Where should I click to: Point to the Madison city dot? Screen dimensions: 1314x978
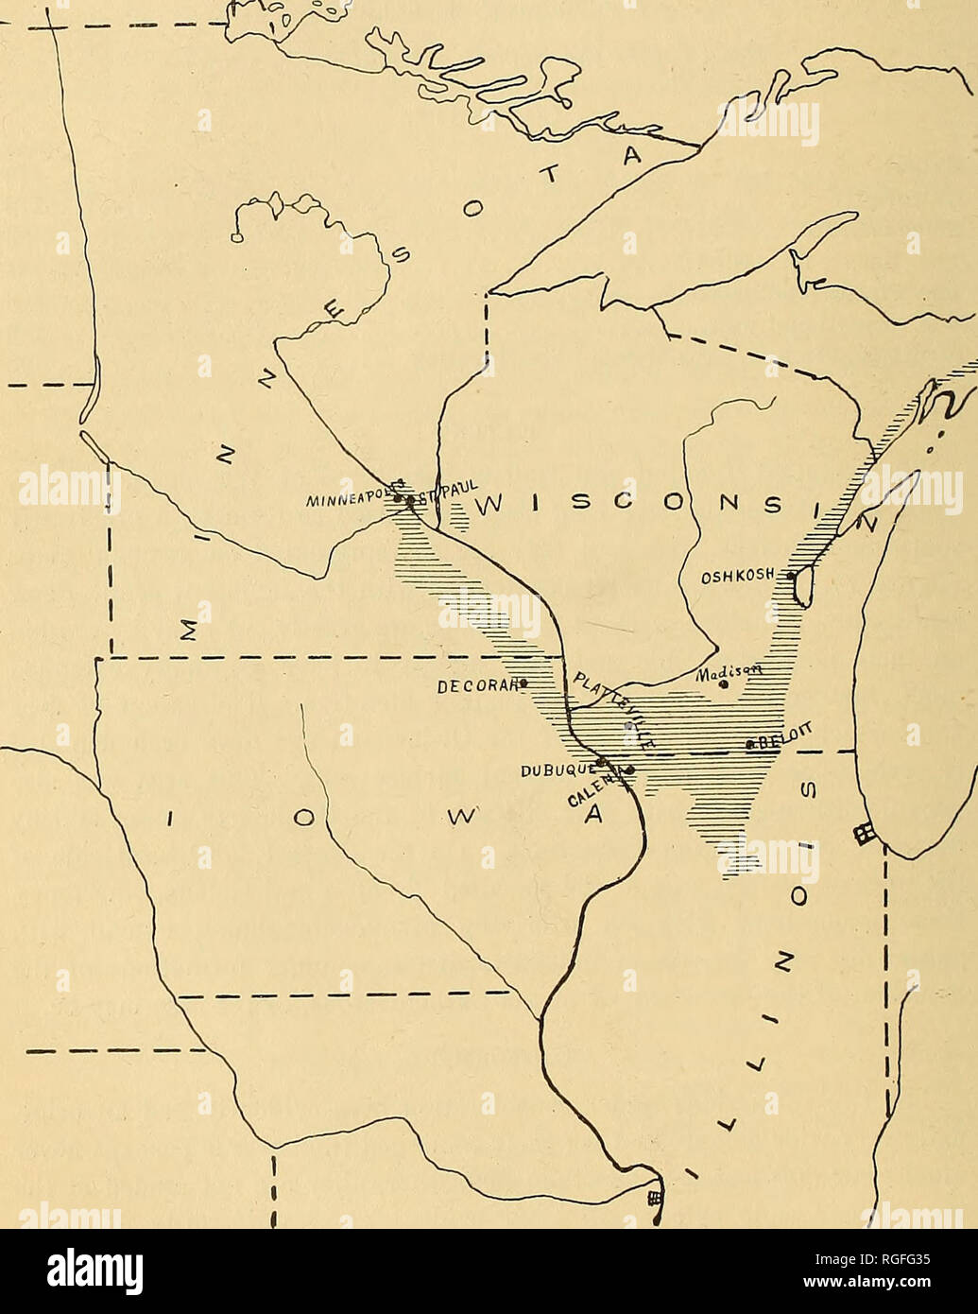click(724, 684)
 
